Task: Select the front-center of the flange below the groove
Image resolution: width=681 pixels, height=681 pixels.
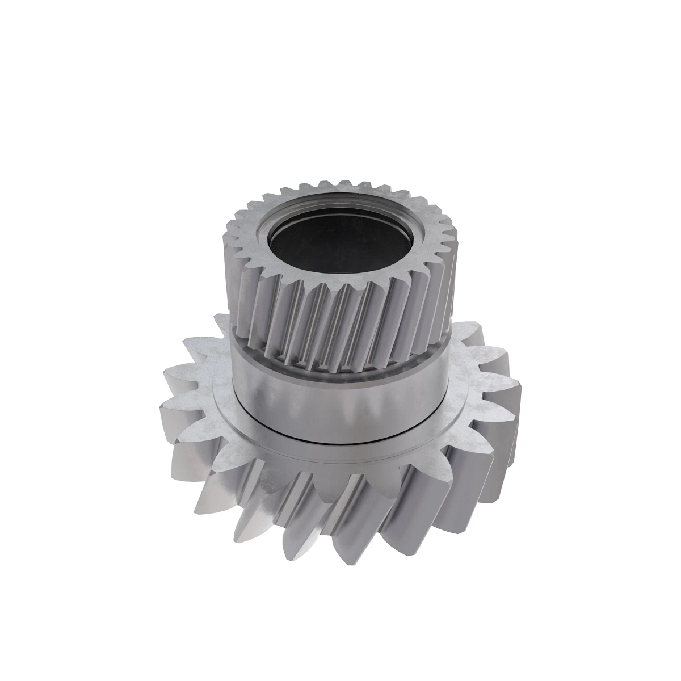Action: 340,454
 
